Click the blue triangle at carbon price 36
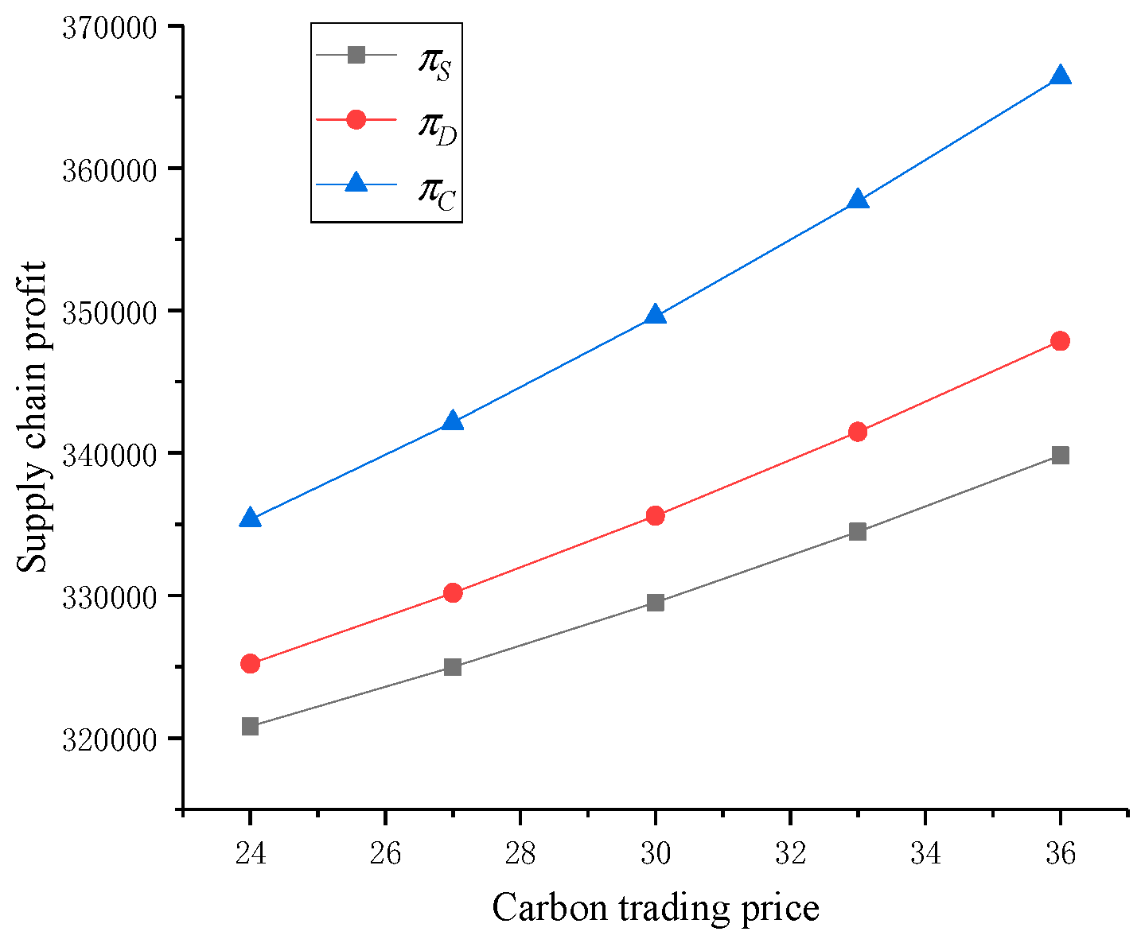1060,76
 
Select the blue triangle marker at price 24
250,518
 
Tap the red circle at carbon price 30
655,515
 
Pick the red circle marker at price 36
1060,341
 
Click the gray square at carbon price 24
250,726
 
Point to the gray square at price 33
857,531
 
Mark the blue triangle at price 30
655,315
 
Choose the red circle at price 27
453,592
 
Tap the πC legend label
436,192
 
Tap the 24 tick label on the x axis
250,854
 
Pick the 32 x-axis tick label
790,854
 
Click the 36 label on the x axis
1060,854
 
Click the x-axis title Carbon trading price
655,907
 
